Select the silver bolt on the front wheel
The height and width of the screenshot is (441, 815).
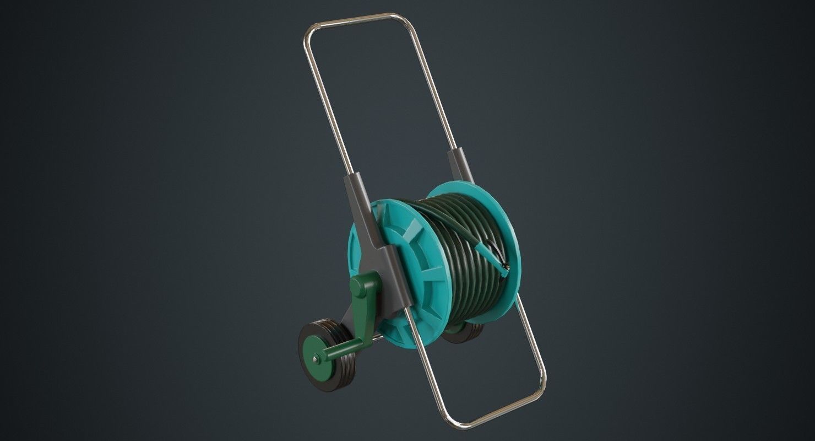(315, 359)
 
